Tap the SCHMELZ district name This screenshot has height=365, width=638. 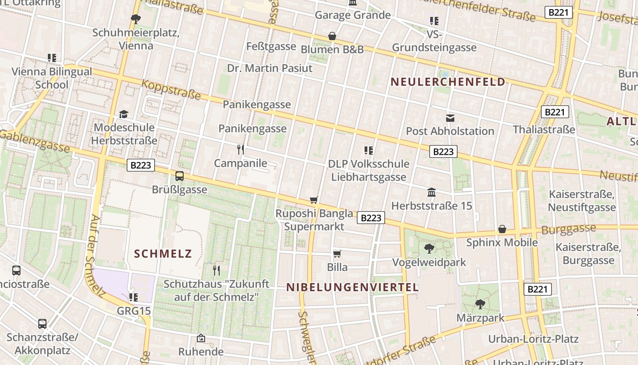pos(163,254)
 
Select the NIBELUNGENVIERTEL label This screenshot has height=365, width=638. pos(352,287)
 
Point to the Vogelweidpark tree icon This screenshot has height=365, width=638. pos(429,249)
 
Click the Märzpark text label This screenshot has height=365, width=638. pos(481,318)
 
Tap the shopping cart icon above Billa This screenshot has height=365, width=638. pos(337,254)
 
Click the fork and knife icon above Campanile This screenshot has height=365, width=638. pos(241,149)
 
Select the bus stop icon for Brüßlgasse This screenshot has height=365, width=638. pos(180,176)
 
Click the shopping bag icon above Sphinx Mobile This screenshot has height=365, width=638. pos(502,229)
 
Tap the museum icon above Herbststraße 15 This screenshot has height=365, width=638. pos(432,193)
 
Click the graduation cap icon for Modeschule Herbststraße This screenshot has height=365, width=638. pos(123,114)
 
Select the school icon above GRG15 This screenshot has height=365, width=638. pos(134,297)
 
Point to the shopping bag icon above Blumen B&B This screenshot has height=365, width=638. pos(332,36)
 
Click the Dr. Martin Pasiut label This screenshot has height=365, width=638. pos(270,68)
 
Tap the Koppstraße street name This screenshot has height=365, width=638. pos(171,89)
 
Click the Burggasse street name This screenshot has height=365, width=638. pos(568,229)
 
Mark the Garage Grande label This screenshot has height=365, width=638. pos(353,15)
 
